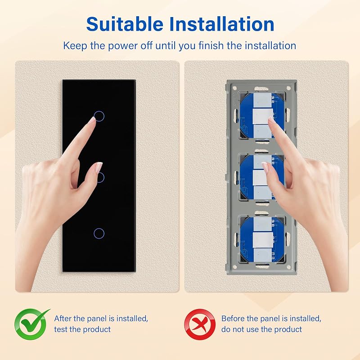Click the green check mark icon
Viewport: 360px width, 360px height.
(31, 324)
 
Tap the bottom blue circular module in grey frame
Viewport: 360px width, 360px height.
(262, 239)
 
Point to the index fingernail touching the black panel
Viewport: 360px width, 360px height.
(93, 120)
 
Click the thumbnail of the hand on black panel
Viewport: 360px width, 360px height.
(99, 167)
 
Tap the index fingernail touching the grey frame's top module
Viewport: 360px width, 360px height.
(271, 121)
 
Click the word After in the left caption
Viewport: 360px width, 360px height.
(63, 319)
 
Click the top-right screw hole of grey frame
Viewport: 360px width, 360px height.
(289, 88)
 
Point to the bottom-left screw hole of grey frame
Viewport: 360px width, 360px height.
(235, 267)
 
